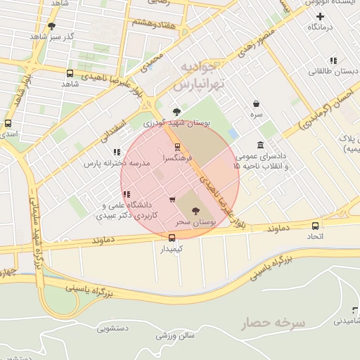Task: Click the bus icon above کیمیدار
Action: coord(172,238)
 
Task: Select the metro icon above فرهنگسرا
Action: coord(176,147)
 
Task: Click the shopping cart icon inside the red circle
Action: coord(172,200)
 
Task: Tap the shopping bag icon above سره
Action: coord(257,103)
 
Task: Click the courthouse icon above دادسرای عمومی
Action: coord(261,144)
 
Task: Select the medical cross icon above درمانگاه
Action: coord(321,16)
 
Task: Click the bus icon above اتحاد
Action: coord(315,226)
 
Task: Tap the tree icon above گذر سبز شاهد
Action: coord(51,26)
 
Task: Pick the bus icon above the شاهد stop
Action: coord(69,73)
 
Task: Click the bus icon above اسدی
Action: coord(8,122)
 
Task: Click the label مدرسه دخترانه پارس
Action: coord(117,163)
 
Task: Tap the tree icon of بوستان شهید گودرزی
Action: coord(176,112)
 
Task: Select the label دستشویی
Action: coord(112,328)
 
